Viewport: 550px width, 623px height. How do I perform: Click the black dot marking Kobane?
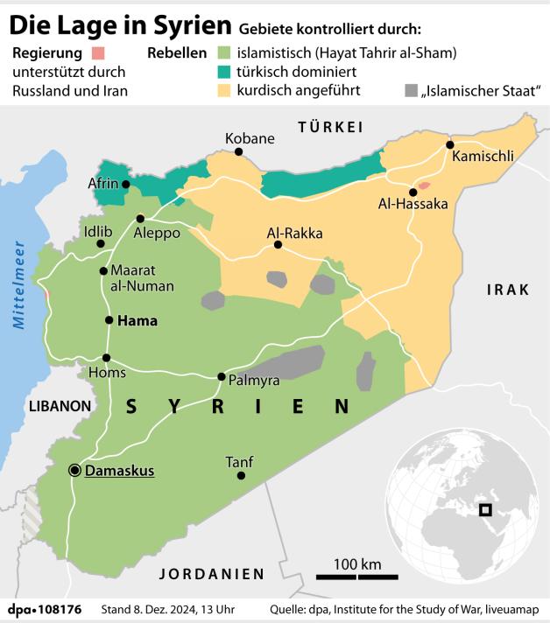[x=238, y=151]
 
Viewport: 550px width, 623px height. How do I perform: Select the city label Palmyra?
[x=253, y=381]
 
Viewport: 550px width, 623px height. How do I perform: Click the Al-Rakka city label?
[x=294, y=234]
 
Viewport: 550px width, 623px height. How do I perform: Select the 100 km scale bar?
[x=357, y=576]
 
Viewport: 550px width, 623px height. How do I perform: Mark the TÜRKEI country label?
[x=330, y=128]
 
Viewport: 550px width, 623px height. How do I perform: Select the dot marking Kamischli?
[x=449, y=145]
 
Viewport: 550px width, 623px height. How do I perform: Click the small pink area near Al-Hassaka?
[x=424, y=185]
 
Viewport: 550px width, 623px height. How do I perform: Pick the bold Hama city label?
[x=137, y=320]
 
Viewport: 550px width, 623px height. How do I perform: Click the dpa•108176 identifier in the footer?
[x=45, y=608]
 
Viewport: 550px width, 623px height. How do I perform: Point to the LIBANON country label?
[x=60, y=406]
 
